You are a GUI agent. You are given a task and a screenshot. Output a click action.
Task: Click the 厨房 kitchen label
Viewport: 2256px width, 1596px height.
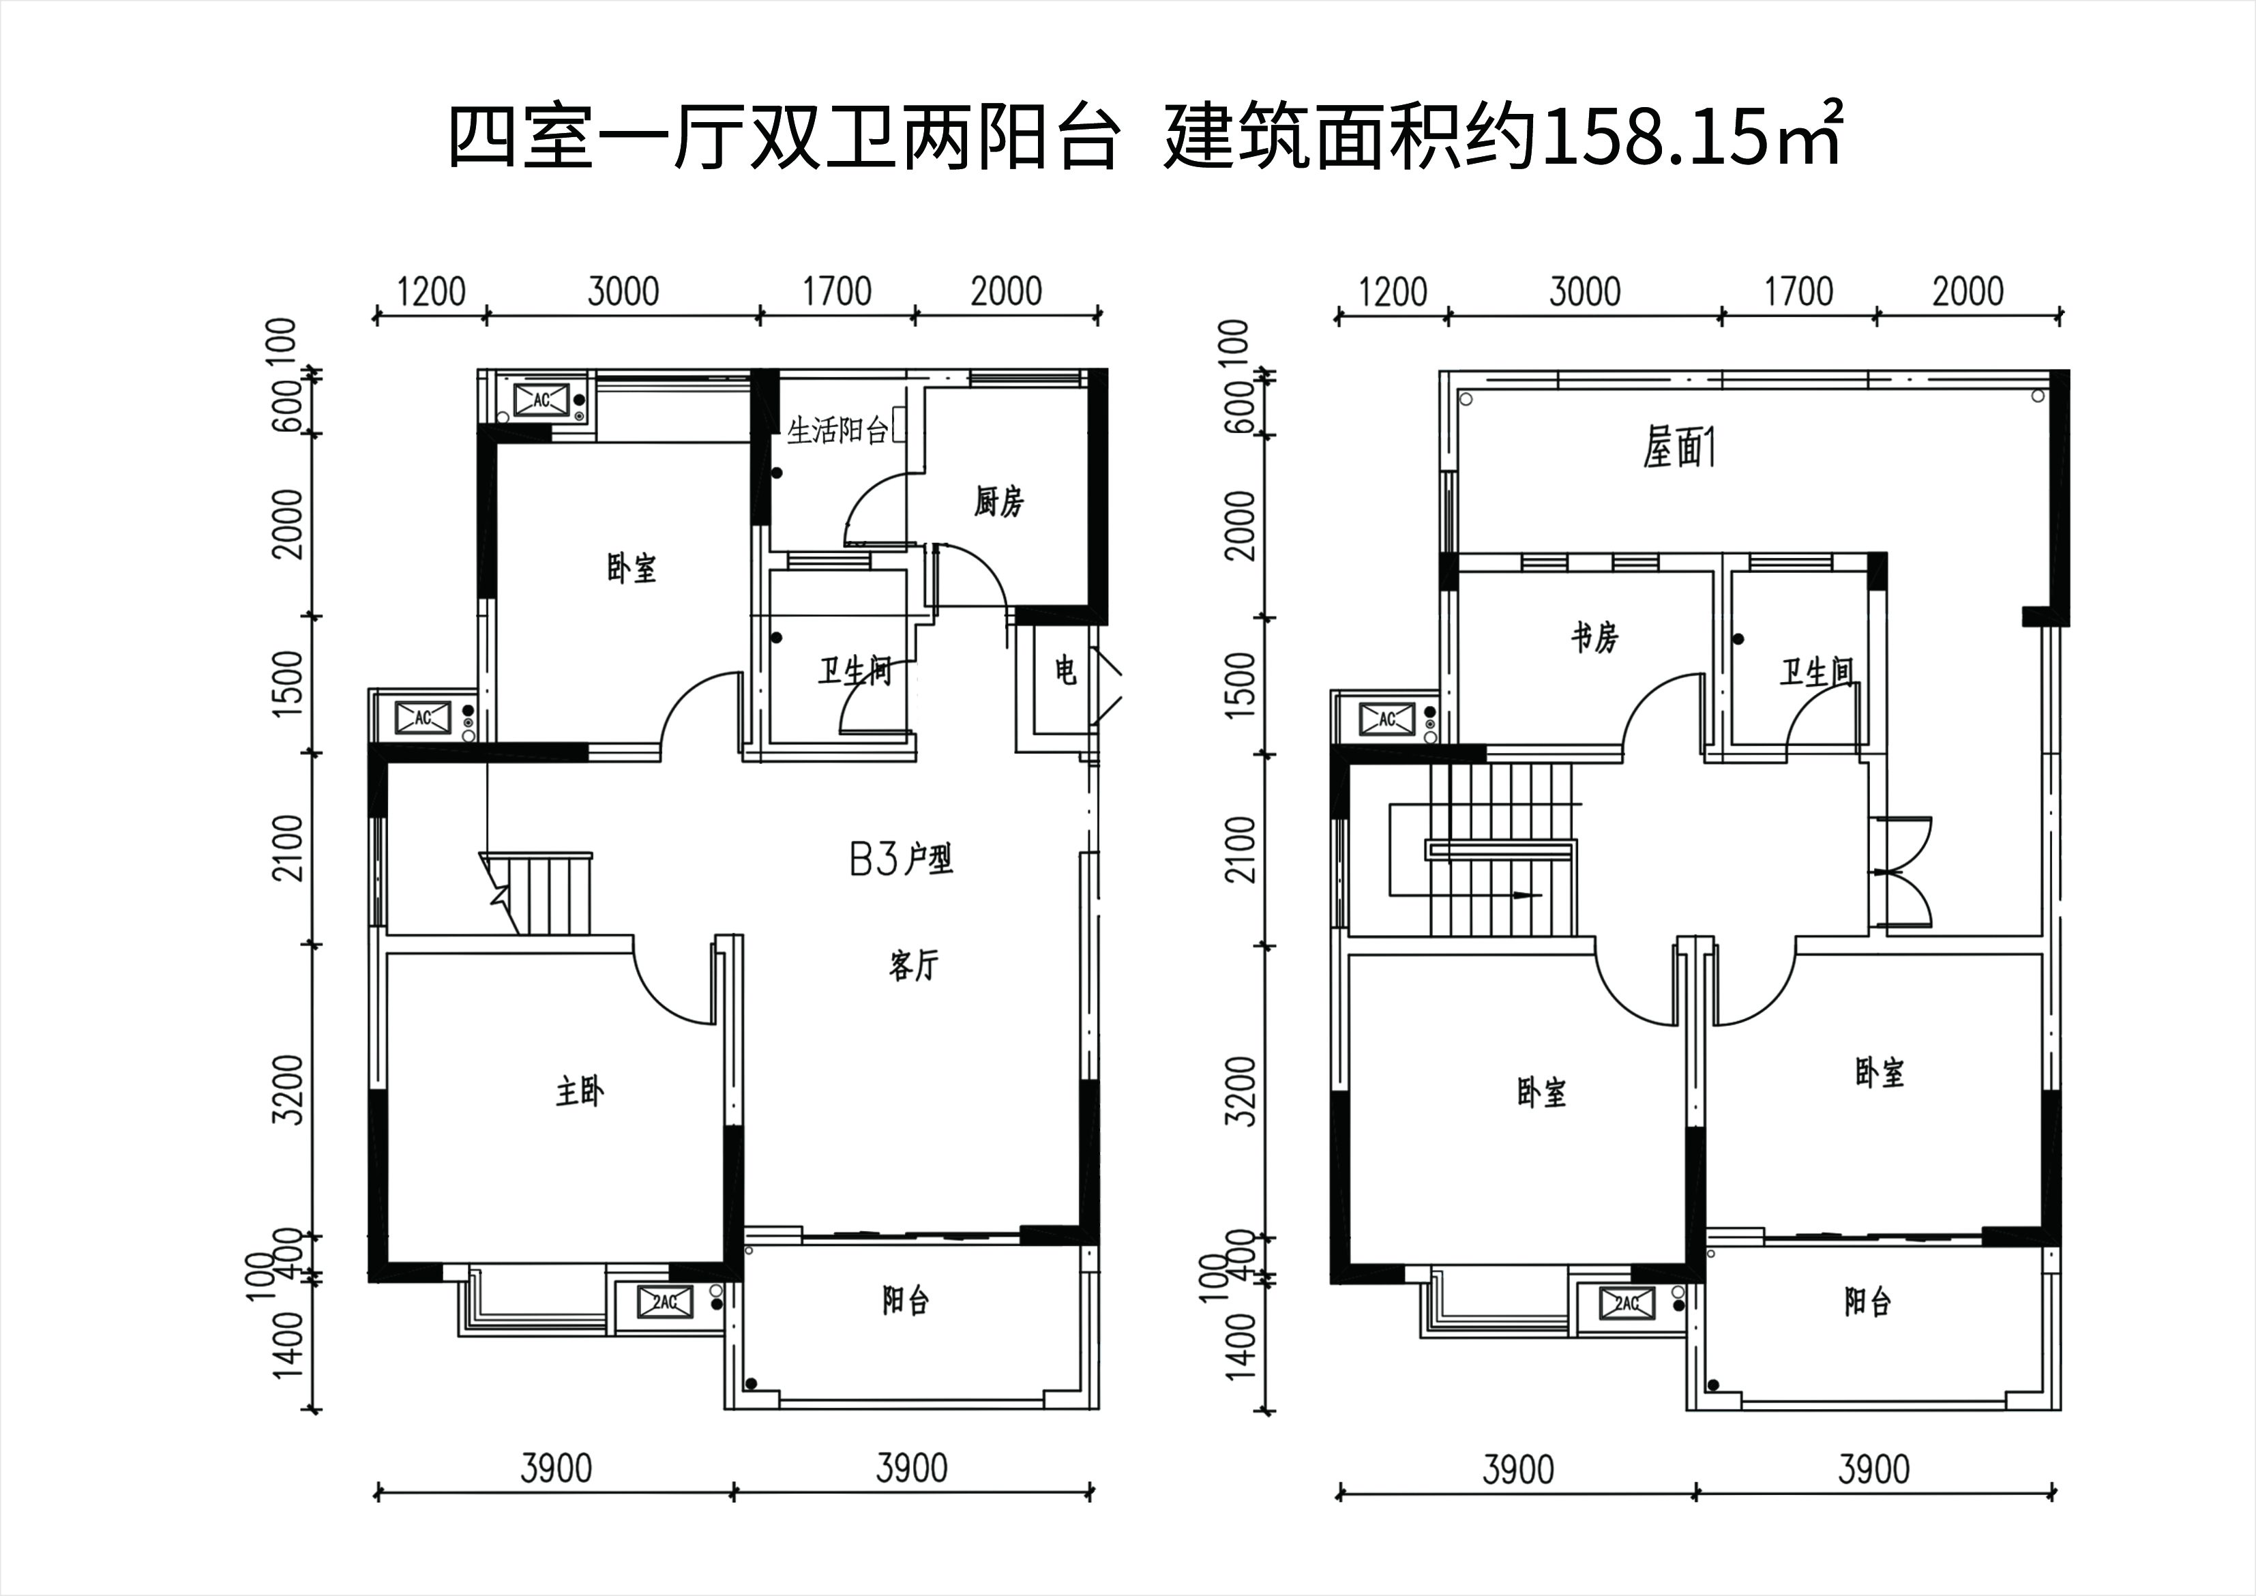click(998, 502)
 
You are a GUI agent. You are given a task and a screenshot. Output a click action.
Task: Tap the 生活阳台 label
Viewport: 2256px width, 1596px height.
click(838, 430)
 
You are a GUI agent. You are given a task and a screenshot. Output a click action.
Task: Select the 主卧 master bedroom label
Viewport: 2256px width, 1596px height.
click(580, 1091)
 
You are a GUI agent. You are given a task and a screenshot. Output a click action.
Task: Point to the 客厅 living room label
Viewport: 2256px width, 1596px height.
click(914, 966)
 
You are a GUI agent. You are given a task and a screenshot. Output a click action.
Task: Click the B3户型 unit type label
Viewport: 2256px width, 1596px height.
click(901, 860)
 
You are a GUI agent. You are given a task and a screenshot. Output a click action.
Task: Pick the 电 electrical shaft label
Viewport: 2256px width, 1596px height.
click(1065, 671)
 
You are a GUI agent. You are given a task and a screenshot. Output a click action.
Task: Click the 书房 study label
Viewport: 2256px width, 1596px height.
click(1594, 638)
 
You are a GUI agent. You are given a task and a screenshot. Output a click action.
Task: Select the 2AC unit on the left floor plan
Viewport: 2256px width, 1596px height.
click(665, 1303)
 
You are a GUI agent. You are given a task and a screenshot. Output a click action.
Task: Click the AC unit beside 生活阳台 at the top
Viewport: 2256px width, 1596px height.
click(541, 400)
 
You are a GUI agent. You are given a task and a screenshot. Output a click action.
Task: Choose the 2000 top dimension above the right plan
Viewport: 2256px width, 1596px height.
click(1968, 292)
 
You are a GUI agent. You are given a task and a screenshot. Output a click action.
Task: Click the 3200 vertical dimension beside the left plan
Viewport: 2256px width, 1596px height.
click(289, 1090)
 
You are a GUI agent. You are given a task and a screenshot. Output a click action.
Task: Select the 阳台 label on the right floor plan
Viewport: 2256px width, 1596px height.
click(1867, 1302)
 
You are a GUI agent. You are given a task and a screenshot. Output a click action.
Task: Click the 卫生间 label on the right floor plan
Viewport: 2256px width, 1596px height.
click(1817, 673)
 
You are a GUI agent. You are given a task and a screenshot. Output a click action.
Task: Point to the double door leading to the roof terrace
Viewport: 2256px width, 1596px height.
click(1904, 872)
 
